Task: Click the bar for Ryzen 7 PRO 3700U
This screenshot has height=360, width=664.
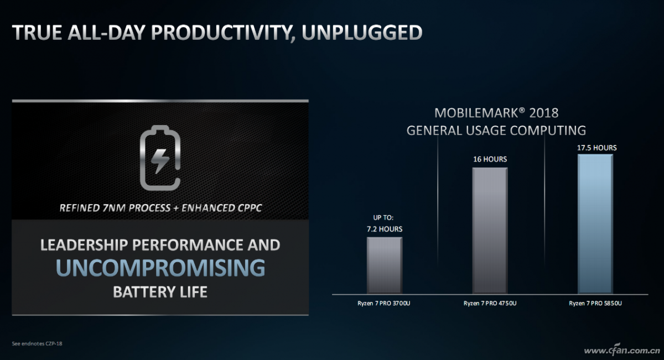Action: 385,265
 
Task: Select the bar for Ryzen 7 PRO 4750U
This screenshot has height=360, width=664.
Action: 490,231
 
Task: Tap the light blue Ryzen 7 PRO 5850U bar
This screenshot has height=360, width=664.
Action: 595,224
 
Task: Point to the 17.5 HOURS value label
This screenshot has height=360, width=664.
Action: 596,148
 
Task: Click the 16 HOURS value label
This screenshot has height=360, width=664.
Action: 490,159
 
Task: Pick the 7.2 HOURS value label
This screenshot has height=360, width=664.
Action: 385,229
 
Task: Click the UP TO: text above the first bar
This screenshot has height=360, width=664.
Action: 383,217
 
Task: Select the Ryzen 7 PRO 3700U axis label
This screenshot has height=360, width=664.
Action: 383,304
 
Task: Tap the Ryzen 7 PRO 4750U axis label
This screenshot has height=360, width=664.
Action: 490,304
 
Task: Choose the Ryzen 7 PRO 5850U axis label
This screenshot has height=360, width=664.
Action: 595,304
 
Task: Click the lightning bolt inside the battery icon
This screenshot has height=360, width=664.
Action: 160,160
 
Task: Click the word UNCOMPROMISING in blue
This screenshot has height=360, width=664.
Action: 160,268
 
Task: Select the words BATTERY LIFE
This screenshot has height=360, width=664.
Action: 160,292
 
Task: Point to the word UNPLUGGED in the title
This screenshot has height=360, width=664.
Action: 362,32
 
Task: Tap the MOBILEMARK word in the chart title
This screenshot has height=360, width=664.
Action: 476,113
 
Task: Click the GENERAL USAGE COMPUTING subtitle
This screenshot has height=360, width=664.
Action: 496,131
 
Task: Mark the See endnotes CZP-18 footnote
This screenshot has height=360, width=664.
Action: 37,344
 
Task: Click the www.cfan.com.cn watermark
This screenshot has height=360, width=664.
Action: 622,351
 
